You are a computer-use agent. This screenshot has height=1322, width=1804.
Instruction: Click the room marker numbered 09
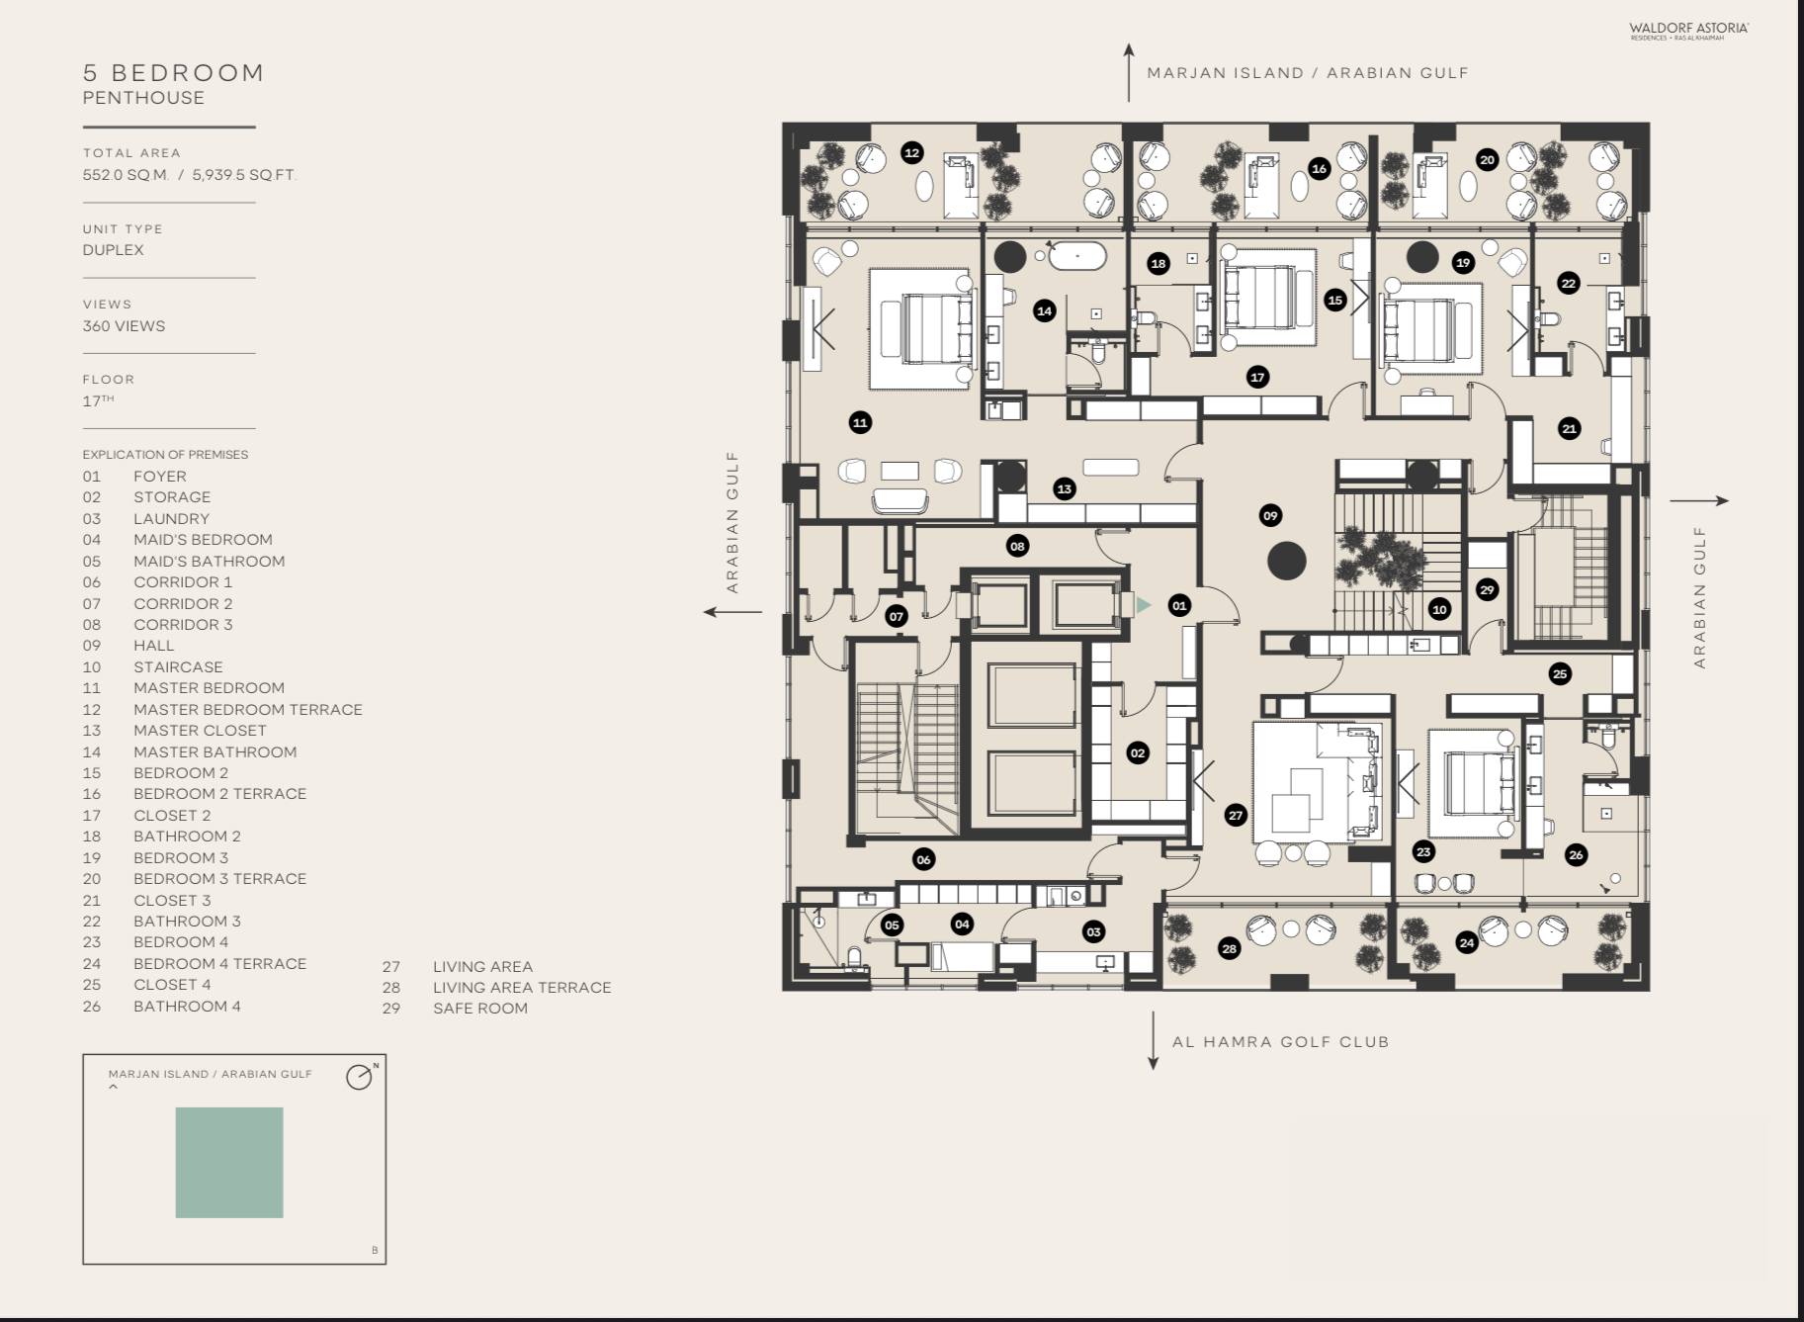1270,515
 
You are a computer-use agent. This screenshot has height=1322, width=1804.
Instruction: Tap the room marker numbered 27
1236,815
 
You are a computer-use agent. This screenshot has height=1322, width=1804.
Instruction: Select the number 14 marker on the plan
1044,310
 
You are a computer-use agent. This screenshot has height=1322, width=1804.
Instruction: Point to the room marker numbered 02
1138,752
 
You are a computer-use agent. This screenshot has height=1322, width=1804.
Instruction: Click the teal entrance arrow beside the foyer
1144,604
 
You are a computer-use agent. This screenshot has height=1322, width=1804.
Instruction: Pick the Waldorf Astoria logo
1688,30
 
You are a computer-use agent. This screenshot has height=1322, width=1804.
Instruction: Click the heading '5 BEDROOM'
174,73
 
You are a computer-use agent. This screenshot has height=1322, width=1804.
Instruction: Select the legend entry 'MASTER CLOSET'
200,730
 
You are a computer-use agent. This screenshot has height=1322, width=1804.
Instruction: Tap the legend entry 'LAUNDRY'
171,518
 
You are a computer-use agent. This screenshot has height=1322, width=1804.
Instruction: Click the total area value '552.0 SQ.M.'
127,175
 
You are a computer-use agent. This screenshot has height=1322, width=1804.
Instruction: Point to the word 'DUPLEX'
114,250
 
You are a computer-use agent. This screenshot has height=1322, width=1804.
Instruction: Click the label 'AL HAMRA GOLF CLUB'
1280,1041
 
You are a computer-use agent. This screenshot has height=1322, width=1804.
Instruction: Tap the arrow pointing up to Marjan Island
1129,72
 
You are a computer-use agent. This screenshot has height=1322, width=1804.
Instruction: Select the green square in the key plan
229,1162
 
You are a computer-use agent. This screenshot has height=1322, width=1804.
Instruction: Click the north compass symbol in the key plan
360,1077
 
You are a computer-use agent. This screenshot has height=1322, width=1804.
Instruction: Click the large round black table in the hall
1286,561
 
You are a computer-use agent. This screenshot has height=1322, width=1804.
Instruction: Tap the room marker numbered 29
1487,589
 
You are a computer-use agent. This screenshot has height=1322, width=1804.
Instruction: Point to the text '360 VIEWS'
124,326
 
